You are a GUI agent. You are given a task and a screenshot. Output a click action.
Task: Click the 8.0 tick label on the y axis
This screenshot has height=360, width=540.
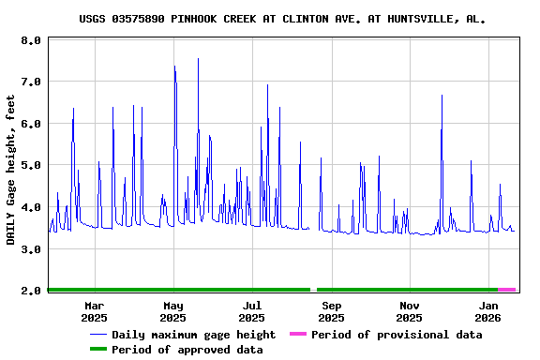31,41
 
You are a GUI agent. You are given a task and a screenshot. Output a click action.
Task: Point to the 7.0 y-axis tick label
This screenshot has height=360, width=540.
31,82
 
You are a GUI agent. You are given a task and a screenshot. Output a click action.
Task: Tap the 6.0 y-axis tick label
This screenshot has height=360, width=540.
31,124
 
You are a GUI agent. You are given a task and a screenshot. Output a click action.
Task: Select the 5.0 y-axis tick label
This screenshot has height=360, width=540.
31,166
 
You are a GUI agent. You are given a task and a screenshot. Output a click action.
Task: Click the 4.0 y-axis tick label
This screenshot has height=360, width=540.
31,207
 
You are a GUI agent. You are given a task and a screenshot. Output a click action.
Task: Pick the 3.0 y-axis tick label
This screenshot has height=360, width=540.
31,249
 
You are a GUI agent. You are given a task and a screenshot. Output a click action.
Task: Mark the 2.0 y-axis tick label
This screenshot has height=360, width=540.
31,291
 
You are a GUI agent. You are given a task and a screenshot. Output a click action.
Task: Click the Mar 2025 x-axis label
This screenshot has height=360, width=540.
94,311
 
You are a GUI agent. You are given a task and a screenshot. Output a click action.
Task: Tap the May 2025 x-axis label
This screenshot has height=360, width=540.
173,311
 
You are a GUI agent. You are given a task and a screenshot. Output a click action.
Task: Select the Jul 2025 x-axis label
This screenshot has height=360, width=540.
252,311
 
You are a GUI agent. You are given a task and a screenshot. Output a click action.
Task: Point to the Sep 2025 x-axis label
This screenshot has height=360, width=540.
331,311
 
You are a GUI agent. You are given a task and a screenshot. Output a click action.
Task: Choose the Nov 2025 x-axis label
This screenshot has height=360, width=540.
410,311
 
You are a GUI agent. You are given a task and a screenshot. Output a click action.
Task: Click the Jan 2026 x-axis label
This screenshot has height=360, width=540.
488,311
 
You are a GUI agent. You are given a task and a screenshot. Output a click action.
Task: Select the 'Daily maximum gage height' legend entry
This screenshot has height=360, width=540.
193,335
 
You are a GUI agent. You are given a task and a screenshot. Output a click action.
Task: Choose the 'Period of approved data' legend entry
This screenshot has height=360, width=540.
187,350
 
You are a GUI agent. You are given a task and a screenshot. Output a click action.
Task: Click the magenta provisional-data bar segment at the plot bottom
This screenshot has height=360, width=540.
506,291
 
